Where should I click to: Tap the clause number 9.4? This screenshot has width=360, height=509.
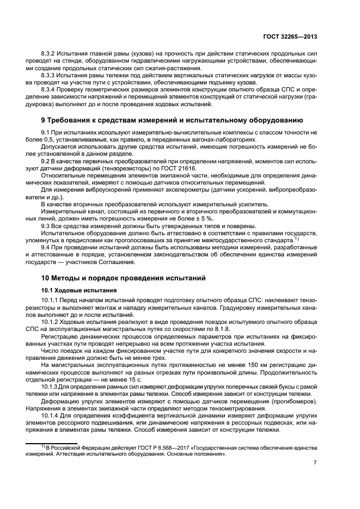click(47, 248)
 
